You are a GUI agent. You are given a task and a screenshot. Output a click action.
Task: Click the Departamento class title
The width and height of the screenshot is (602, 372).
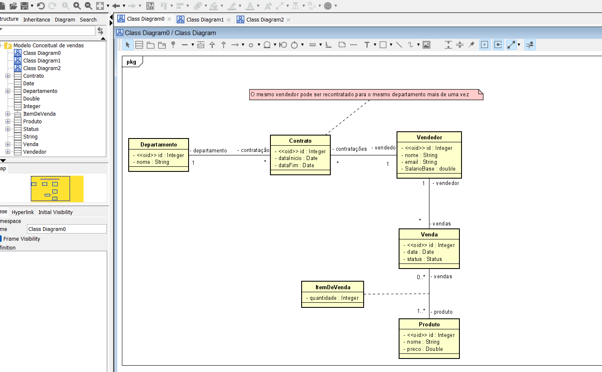(159, 144)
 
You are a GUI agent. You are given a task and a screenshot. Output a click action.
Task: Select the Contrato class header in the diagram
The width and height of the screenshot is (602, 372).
(300, 141)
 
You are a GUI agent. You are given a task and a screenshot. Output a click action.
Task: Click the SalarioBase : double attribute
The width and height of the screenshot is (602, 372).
(430, 169)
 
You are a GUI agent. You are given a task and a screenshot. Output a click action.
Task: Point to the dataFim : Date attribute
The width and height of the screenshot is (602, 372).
(296, 166)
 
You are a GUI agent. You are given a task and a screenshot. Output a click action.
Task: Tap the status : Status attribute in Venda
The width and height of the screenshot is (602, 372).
(424, 259)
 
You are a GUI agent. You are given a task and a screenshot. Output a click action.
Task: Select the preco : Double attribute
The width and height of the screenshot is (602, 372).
(425, 349)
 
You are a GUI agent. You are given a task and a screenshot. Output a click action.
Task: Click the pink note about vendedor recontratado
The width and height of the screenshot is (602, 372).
(365, 95)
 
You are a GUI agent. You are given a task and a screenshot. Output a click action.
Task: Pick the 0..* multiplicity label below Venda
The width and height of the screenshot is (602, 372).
(421, 277)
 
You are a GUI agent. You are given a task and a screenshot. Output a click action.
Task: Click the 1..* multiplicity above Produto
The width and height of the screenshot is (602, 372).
(421, 311)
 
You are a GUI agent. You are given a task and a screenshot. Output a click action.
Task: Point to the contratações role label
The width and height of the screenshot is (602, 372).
(351, 149)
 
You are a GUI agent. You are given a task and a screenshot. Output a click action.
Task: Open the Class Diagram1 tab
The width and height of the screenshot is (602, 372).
(205, 19)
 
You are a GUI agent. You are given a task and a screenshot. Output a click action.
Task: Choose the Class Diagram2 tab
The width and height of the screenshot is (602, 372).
(265, 19)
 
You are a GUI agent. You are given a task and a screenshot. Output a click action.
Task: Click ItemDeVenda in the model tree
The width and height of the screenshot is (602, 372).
(39, 114)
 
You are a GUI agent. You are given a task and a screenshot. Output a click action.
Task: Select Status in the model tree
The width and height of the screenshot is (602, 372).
(31, 129)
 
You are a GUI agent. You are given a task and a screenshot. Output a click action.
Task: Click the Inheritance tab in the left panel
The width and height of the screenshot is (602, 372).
(36, 19)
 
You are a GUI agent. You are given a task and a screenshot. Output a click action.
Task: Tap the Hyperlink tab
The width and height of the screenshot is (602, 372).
(23, 212)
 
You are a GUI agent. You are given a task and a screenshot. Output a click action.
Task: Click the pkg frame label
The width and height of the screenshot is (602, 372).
(132, 62)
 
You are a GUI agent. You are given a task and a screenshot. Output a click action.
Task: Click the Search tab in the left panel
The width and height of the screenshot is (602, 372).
(88, 19)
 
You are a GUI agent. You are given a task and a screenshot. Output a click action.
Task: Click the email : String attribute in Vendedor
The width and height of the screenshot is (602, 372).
(421, 162)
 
